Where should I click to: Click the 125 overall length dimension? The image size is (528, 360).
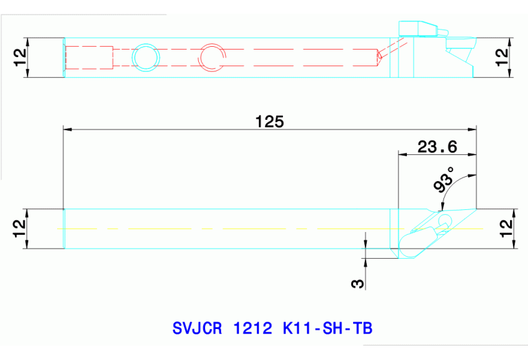point(269,121)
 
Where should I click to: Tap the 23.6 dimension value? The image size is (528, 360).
point(437,146)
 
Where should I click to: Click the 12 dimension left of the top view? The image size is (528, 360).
point(19,57)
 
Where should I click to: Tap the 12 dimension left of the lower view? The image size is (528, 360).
point(19,228)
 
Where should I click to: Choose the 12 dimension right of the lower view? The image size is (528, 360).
point(506,228)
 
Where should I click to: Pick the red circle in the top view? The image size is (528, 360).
point(211,57)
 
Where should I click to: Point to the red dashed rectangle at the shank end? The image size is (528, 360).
point(89,57)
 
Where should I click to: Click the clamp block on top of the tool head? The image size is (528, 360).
point(418,28)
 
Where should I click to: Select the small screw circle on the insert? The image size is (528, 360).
point(445,221)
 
